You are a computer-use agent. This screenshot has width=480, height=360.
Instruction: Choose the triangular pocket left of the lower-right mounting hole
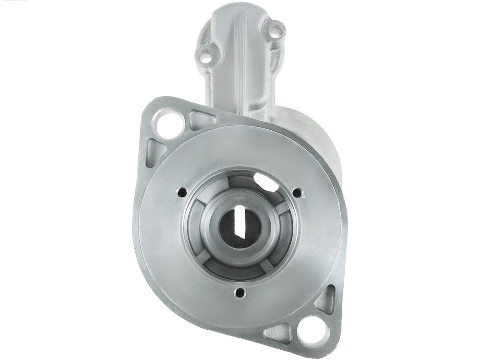pyautogui.click(x=277, y=332)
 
